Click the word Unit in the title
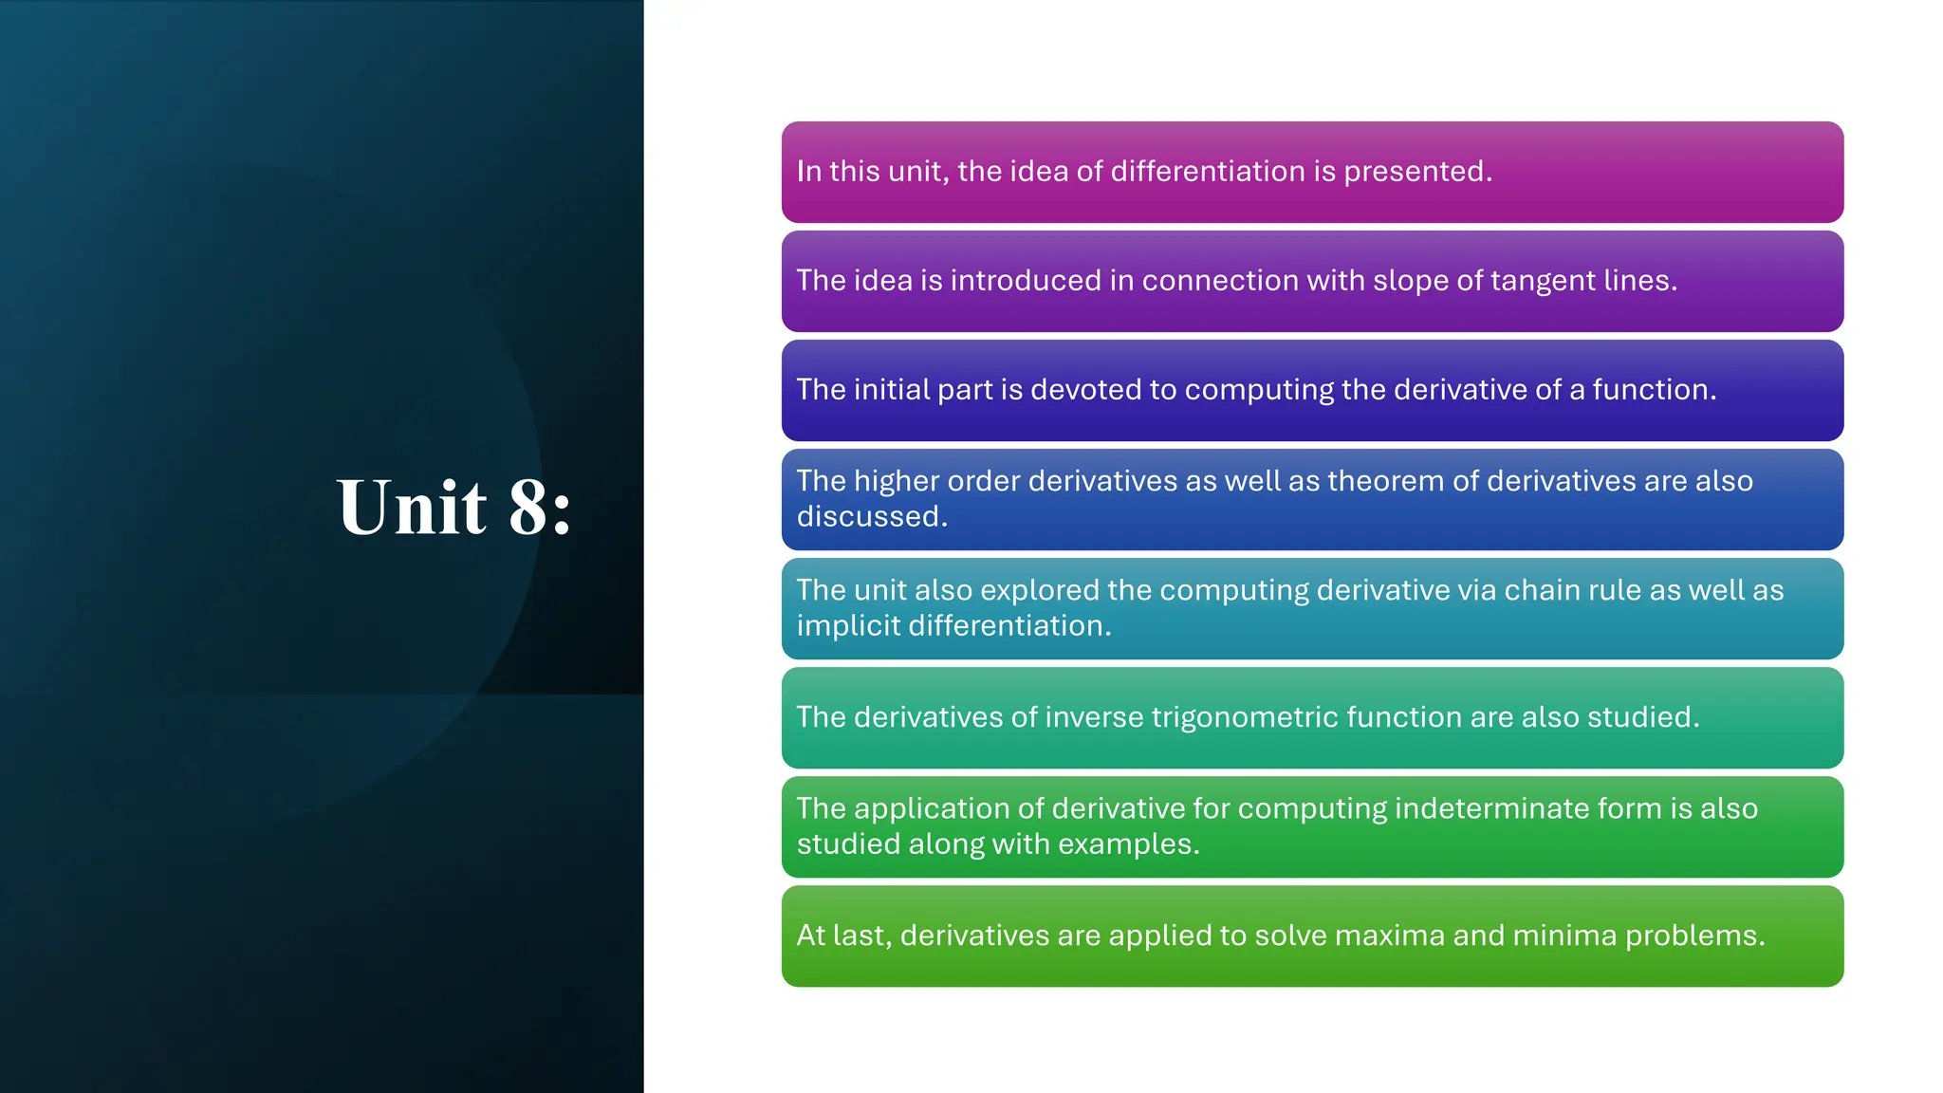(412, 508)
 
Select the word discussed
(871, 517)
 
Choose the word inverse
(1094, 717)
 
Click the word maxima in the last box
(1388, 936)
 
